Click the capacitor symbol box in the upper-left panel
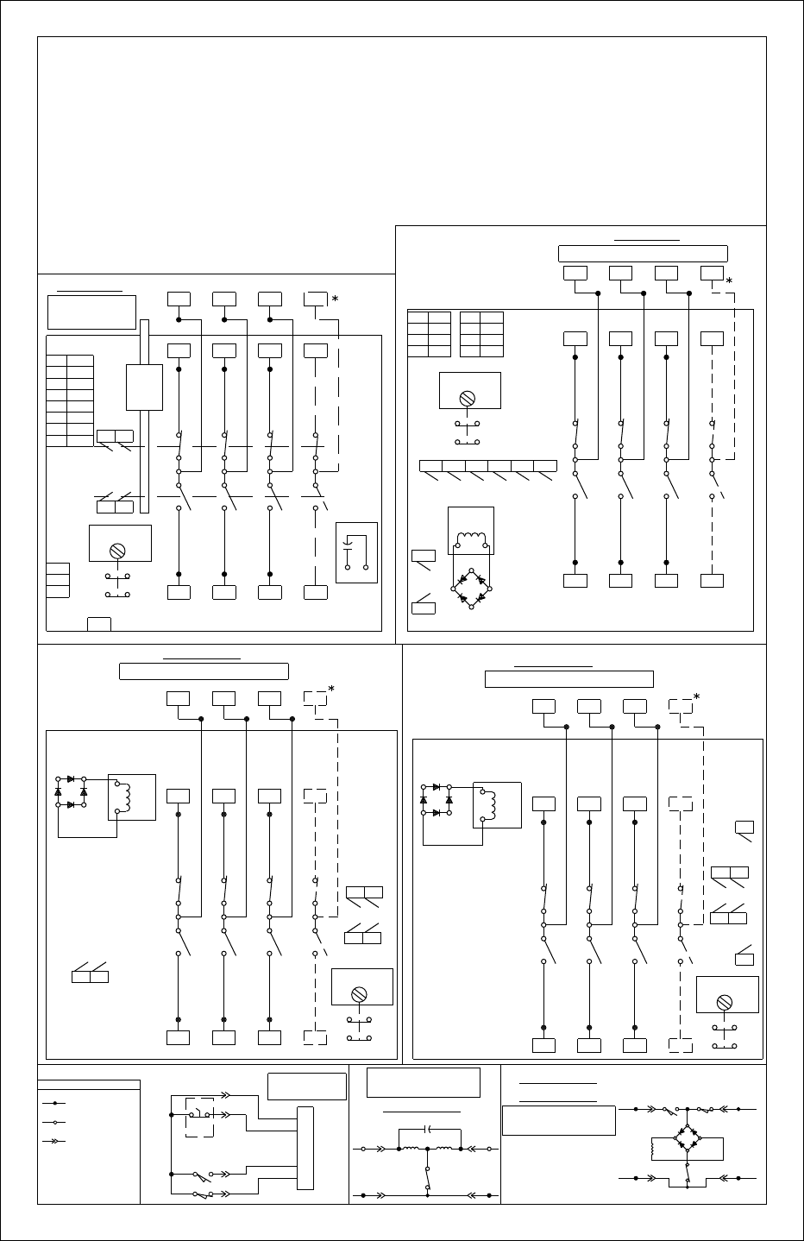tap(356, 552)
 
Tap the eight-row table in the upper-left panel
tap(69, 400)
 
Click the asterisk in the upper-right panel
tap(729, 281)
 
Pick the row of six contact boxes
tap(487, 466)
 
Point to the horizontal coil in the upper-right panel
tap(471, 539)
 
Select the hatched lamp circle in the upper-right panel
tap(468, 398)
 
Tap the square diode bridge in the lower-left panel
tap(71, 792)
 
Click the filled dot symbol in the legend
tap(54, 1103)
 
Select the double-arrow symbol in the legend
tap(54, 1141)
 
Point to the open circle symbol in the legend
tap(54, 1123)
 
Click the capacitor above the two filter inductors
tap(429, 1129)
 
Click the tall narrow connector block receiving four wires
tap(305, 1148)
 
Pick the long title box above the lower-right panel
tap(568, 678)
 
